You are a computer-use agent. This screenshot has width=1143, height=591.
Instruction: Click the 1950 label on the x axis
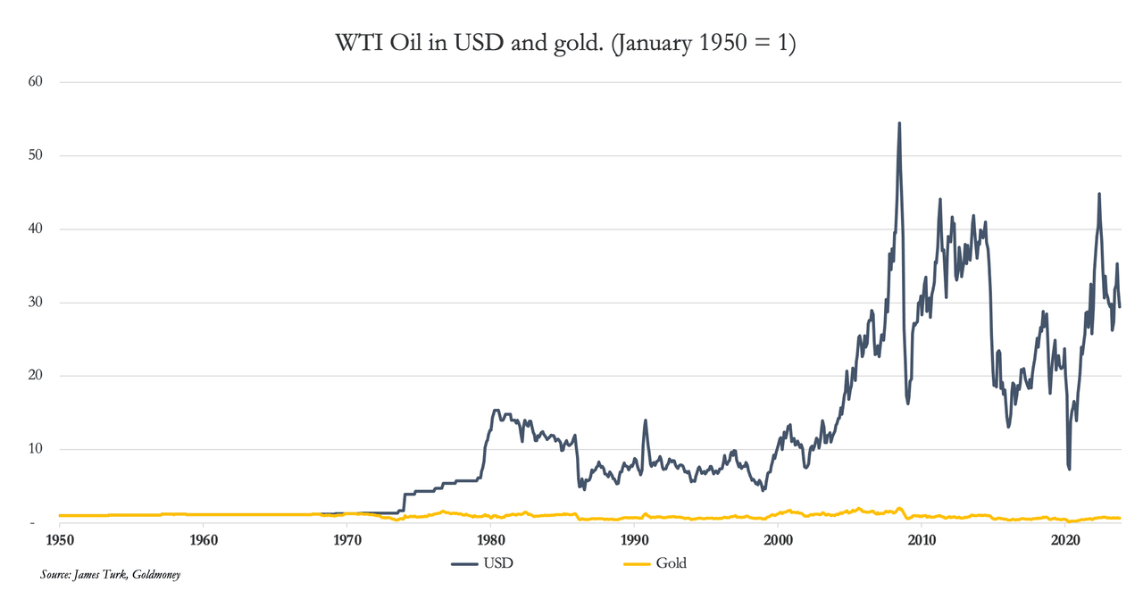60,541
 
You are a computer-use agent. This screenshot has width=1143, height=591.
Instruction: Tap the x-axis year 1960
204,541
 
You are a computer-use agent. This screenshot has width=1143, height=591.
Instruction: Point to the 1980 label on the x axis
490,541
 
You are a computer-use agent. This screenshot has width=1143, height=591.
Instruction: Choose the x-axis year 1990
634,541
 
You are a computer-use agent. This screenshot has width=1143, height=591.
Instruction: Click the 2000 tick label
778,541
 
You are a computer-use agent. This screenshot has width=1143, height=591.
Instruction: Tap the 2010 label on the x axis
922,541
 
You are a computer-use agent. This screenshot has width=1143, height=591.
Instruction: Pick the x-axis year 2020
1065,541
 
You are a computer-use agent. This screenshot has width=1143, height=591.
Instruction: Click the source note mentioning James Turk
111,575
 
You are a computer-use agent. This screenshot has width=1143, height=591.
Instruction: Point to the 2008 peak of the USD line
899,123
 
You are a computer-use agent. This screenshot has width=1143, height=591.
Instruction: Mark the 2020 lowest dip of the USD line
1069,469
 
